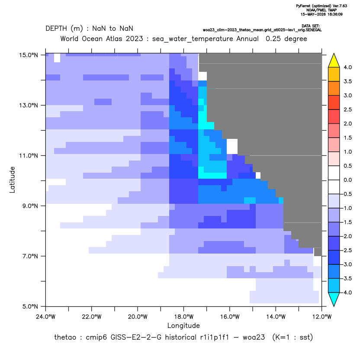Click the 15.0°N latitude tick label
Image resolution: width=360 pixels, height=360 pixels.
tap(29, 55)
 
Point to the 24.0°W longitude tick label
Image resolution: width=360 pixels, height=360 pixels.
tap(46, 317)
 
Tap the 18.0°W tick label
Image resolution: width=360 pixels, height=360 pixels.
tap(183, 317)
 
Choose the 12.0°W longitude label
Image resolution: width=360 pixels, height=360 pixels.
tap(322, 317)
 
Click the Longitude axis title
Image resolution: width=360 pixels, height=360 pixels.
tap(183, 325)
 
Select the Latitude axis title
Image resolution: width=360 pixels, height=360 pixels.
tap(12, 180)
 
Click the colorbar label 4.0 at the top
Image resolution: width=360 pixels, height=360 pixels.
tap(347, 67)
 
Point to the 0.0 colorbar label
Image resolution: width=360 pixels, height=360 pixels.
tap(347, 180)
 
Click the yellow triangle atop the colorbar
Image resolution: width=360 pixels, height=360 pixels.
tap(334, 61)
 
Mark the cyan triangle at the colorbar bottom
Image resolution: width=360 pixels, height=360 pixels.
tap(334, 299)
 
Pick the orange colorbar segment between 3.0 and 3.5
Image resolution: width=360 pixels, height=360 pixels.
tap(334, 88)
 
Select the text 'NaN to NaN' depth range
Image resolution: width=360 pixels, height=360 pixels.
tap(112, 29)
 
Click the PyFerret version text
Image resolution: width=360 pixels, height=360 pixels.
tap(321, 6)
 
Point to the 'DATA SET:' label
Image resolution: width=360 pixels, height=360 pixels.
tap(310, 26)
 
